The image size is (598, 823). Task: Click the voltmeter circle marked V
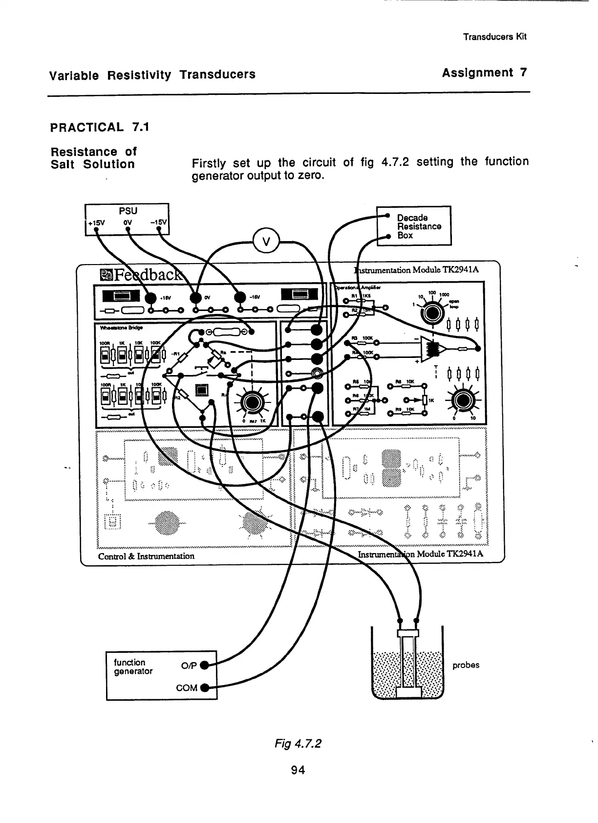pyautogui.click(x=266, y=241)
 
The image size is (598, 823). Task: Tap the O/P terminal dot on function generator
pyautogui.click(x=205, y=665)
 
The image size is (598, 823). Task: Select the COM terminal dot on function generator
pyautogui.click(x=205, y=688)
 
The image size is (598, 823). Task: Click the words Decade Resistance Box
pyautogui.click(x=419, y=226)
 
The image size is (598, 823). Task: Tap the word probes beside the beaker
pyautogui.click(x=466, y=665)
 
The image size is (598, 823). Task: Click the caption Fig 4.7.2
pyautogui.click(x=298, y=744)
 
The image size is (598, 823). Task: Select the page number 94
pyautogui.click(x=298, y=770)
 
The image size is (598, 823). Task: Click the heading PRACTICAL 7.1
pyautogui.click(x=100, y=128)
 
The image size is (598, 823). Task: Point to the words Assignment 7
pyautogui.click(x=484, y=73)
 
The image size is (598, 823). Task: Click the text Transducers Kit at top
pyautogui.click(x=494, y=37)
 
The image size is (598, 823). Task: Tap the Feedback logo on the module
pyautogui.click(x=142, y=275)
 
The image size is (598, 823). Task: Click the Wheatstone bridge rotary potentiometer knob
pyautogui.click(x=252, y=402)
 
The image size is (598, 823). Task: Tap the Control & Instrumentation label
pyautogui.click(x=146, y=556)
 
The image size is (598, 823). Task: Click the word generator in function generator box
pyautogui.click(x=133, y=671)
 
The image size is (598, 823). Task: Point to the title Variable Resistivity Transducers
pyautogui.click(x=152, y=75)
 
